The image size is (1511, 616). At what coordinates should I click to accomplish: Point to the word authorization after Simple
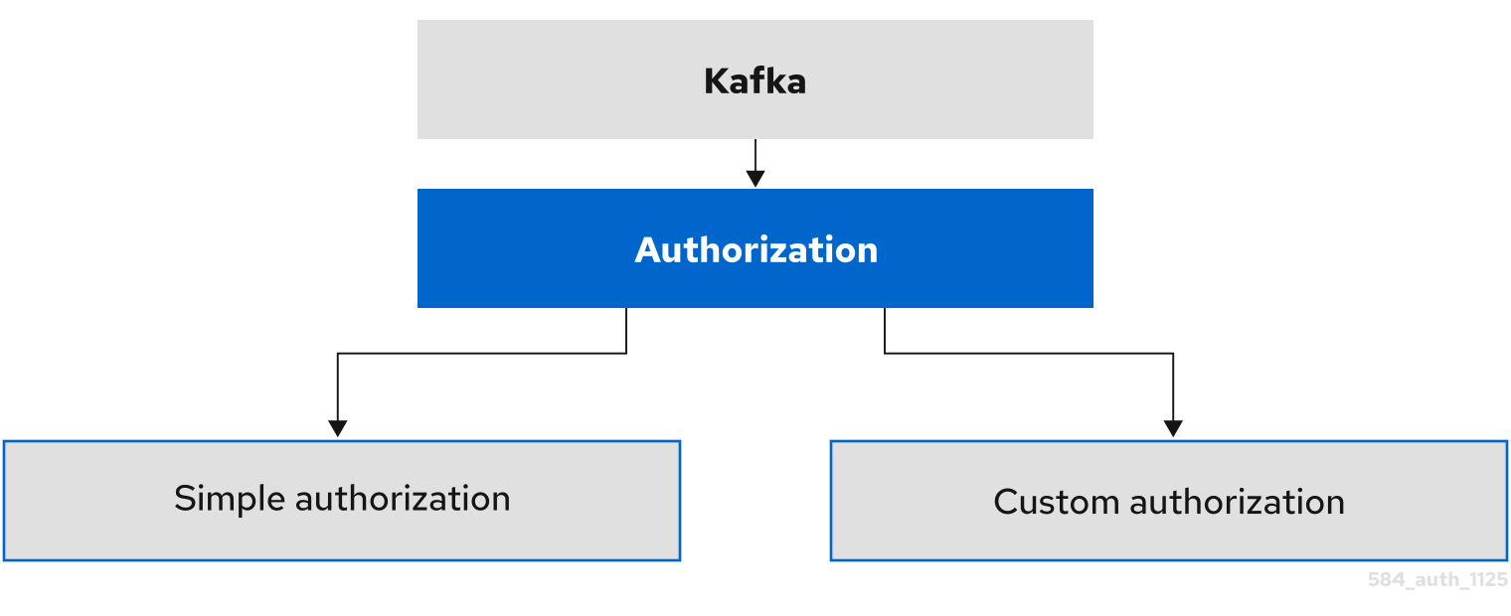tap(403, 498)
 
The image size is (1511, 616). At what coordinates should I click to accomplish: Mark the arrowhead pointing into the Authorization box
tap(755, 179)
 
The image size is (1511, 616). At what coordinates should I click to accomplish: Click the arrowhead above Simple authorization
tap(338, 428)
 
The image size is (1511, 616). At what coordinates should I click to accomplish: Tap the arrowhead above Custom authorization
tap(1173, 428)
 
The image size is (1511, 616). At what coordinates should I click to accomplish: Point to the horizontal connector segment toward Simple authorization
tap(482, 353)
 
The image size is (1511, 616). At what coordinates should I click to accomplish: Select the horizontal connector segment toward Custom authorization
tap(1029, 353)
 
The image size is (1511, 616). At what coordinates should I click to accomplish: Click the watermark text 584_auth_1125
tap(1437, 580)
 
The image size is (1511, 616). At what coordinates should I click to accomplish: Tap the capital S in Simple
tap(184, 498)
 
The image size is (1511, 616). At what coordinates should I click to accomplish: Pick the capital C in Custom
tap(1006, 502)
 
